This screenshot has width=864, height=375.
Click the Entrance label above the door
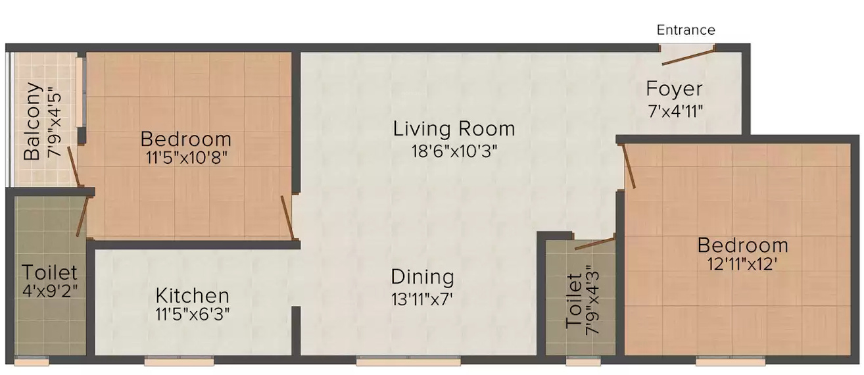[x=686, y=30]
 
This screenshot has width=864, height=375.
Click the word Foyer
[x=674, y=89]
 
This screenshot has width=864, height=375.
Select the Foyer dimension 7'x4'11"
[x=676, y=110]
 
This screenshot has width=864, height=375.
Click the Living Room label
[x=454, y=128]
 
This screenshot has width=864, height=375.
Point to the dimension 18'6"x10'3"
[x=454, y=150]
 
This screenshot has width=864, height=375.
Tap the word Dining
[x=422, y=276]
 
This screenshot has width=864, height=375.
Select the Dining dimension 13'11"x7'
[x=422, y=298]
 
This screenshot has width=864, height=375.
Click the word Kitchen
[x=192, y=295]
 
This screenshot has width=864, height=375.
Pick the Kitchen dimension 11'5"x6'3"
[x=192, y=314]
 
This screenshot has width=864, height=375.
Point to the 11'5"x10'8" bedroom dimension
[x=186, y=158]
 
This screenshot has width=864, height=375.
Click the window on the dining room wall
[x=408, y=361]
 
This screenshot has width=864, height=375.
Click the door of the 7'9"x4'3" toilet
[x=594, y=243]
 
